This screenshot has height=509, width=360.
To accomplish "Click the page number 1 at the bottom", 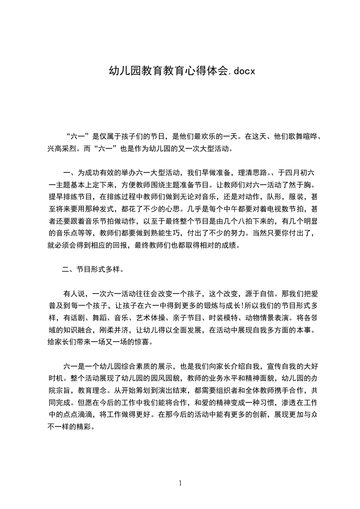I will pos(180,483).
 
